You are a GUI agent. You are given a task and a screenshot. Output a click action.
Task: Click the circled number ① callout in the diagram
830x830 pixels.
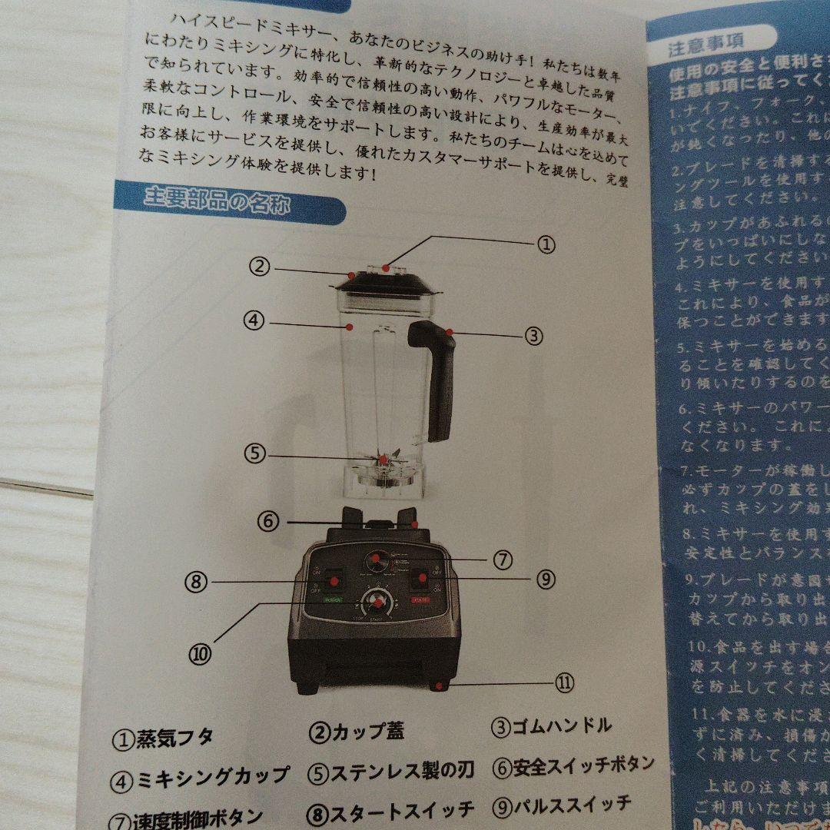pyautogui.click(x=544, y=244)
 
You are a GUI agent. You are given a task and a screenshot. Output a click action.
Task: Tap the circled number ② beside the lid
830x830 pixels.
pyautogui.click(x=261, y=267)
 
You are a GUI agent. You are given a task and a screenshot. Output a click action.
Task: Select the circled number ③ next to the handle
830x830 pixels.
pyautogui.click(x=534, y=335)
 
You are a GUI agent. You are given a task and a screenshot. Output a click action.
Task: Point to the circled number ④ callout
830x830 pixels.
pyautogui.click(x=255, y=320)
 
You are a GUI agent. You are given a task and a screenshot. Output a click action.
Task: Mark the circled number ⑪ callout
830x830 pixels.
pyautogui.click(x=564, y=683)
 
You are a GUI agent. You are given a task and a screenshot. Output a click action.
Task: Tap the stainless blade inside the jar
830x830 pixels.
pyautogui.click(x=381, y=461)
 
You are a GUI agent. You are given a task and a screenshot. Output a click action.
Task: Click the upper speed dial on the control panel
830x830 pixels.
pyautogui.click(x=376, y=560)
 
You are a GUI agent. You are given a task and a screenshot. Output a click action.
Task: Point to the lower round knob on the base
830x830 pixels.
pyautogui.click(x=377, y=603)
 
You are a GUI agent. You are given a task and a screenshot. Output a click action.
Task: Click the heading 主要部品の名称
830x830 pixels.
pyautogui.click(x=217, y=204)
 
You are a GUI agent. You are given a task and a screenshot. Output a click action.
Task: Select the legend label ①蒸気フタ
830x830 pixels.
pyautogui.click(x=162, y=739)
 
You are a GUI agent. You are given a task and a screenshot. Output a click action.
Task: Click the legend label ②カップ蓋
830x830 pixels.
pyautogui.click(x=357, y=731)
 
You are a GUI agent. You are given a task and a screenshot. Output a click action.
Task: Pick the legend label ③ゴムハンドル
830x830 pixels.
pyautogui.click(x=552, y=725)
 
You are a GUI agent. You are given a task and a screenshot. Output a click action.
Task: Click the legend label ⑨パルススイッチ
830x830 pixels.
pyautogui.click(x=561, y=805)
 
